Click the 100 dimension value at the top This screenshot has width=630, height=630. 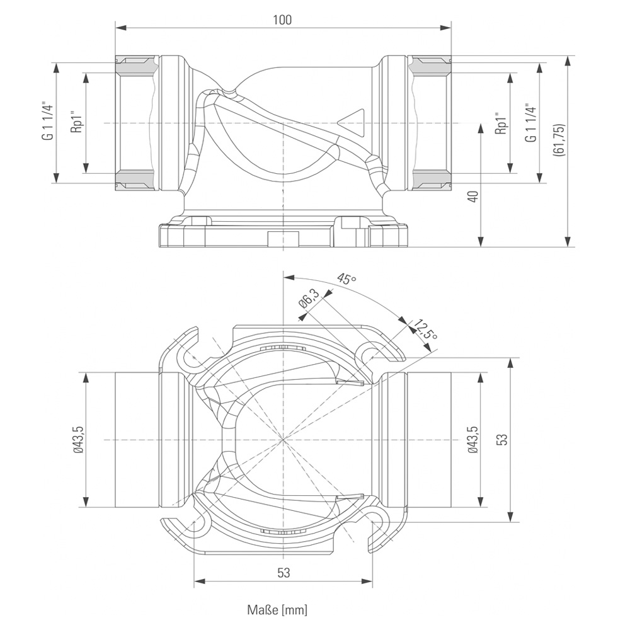click(283, 20)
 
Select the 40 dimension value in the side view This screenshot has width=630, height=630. click(474, 196)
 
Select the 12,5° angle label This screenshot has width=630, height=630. click(425, 329)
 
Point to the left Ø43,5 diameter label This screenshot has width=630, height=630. click(78, 439)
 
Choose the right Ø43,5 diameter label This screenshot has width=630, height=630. click(472, 439)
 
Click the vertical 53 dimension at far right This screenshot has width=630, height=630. click(501, 439)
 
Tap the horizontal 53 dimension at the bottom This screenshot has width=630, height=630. click(283, 573)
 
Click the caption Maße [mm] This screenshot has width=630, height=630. click(277, 610)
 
